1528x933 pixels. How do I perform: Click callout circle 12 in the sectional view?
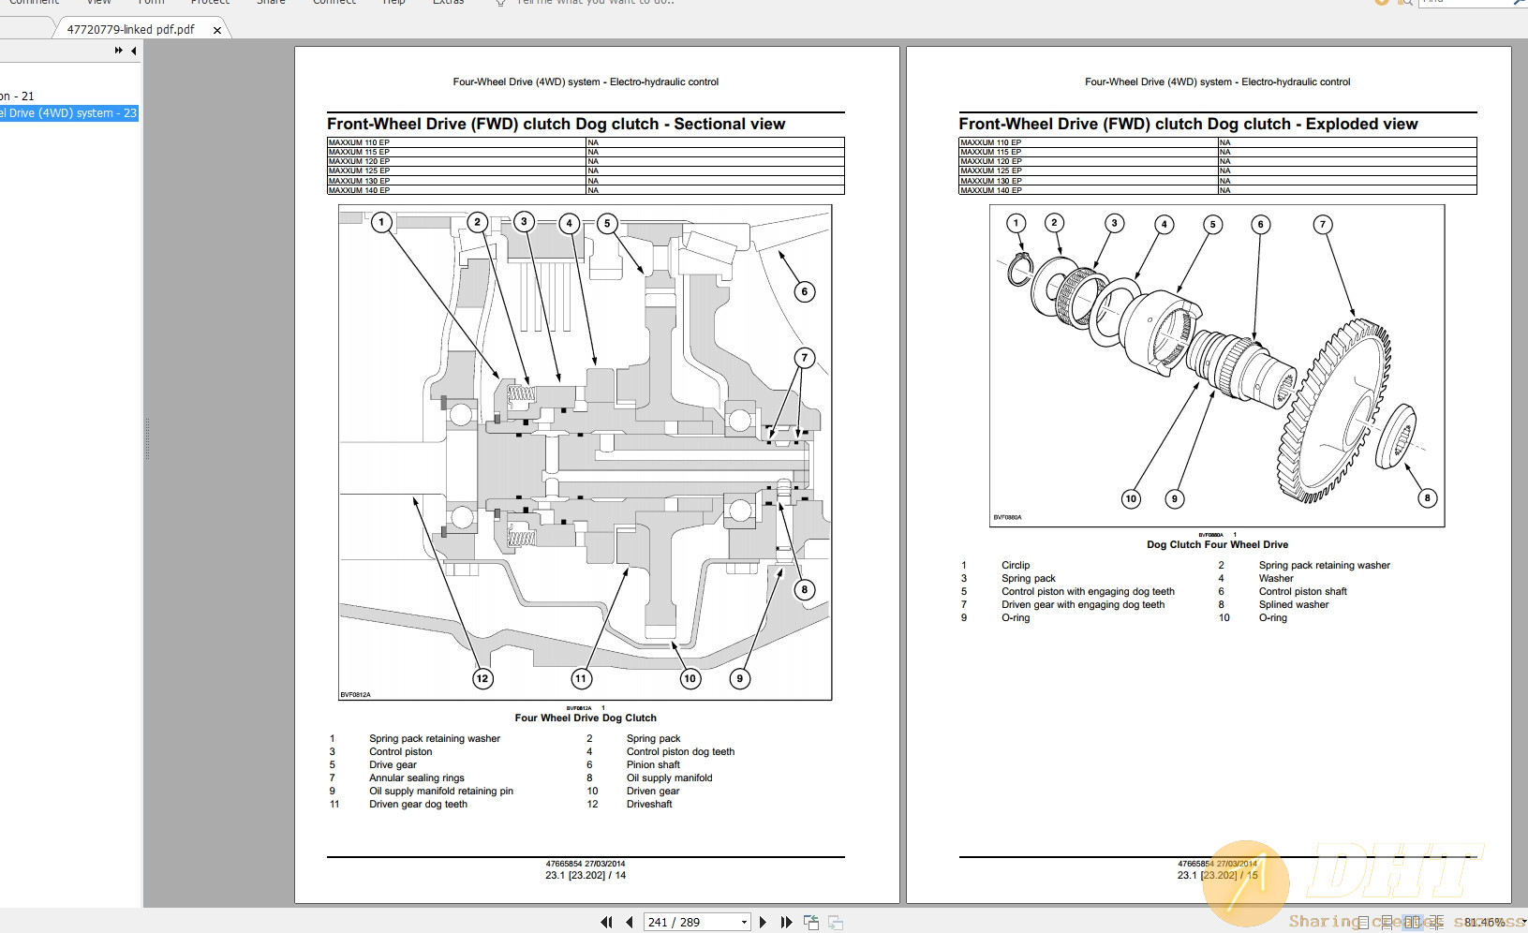point(482,678)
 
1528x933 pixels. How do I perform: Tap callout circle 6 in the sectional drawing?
point(804,291)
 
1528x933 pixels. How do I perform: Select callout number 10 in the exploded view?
point(1131,498)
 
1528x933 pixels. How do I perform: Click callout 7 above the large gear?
point(1322,224)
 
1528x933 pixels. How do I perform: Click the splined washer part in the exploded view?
point(1395,437)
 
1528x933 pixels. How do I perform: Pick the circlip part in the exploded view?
point(1019,270)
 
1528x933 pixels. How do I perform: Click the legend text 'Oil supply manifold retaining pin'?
point(440,791)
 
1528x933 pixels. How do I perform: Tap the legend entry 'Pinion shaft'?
point(653,764)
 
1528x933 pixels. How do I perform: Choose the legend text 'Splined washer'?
point(1293,604)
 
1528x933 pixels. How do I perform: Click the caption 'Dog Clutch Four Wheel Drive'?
point(1217,544)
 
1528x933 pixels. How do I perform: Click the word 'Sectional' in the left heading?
point(709,124)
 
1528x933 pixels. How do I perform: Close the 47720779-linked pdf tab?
point(217,30)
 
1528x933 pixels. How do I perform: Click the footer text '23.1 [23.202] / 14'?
point(586,875)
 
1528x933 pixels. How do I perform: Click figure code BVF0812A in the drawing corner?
point(355,694)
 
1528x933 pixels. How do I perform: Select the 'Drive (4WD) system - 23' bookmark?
point(69,113)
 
